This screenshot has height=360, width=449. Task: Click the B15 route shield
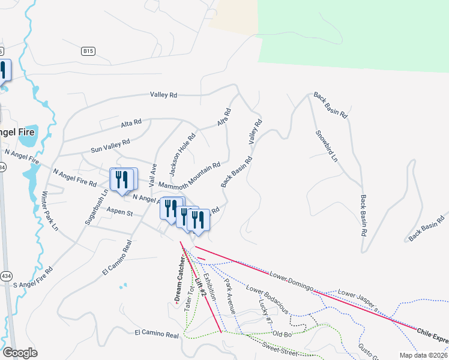(89, 52)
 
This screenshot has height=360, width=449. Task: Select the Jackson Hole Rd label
(182, 154)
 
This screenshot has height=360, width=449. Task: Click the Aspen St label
(119, 212)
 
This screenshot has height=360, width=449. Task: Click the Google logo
(20, 353)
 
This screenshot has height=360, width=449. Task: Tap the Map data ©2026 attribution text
(423, 355)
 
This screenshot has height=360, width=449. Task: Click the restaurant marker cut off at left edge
(3, 71)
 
